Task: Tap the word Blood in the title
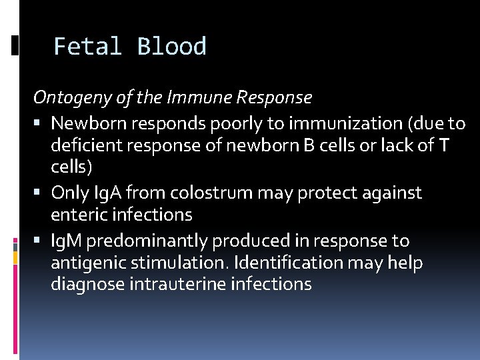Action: point(171,47)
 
